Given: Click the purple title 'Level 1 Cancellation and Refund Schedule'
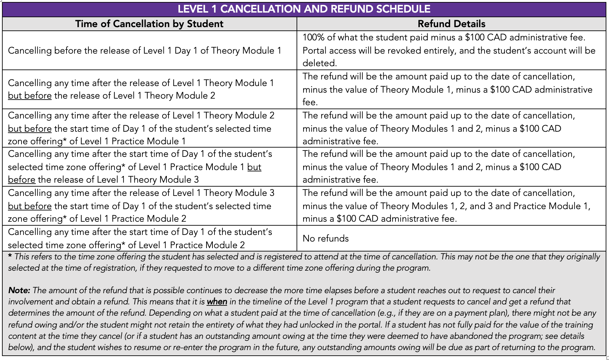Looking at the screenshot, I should click(x=304, y=9).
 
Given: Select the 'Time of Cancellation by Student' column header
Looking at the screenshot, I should click(x=149, y=24).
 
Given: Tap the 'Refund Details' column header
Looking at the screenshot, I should click(x=451, y=24).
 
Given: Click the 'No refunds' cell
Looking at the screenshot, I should click(x=326, y=239).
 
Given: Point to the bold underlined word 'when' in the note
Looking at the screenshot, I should click(x=217, y=302).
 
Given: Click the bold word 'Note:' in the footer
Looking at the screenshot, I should click(x=19, y=291).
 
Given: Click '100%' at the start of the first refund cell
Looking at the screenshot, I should click(x=313, y=37).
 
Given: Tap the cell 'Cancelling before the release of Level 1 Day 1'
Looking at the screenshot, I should click(x=145, y=51).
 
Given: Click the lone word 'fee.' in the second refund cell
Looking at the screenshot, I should click(x=310, y=102).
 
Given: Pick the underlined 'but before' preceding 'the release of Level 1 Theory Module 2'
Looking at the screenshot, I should click(x=30, y=96).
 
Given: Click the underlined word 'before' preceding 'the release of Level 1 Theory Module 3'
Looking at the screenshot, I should click(x=22, y=180).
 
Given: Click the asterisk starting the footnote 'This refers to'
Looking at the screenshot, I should click(x=10, y=257).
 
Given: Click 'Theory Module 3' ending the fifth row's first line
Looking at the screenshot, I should click(x=239, y=193).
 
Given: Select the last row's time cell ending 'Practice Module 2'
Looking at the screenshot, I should click(x=140, y=239).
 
